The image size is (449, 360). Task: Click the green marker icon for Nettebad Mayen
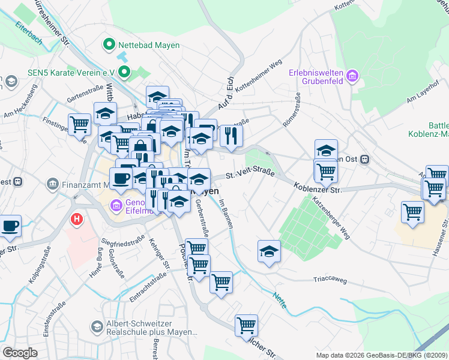109,43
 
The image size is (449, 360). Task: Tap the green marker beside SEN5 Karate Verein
125,73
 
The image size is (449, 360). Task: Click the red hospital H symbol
76,219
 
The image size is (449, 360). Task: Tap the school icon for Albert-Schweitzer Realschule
96,326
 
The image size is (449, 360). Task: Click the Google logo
20,353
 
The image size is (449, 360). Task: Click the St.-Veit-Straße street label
250,175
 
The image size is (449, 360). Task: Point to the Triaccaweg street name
330,279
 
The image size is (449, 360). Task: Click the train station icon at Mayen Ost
364,159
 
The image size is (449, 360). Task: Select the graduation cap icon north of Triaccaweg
270,251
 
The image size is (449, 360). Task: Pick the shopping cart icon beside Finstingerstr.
79,124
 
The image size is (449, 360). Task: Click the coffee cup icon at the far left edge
9,226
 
